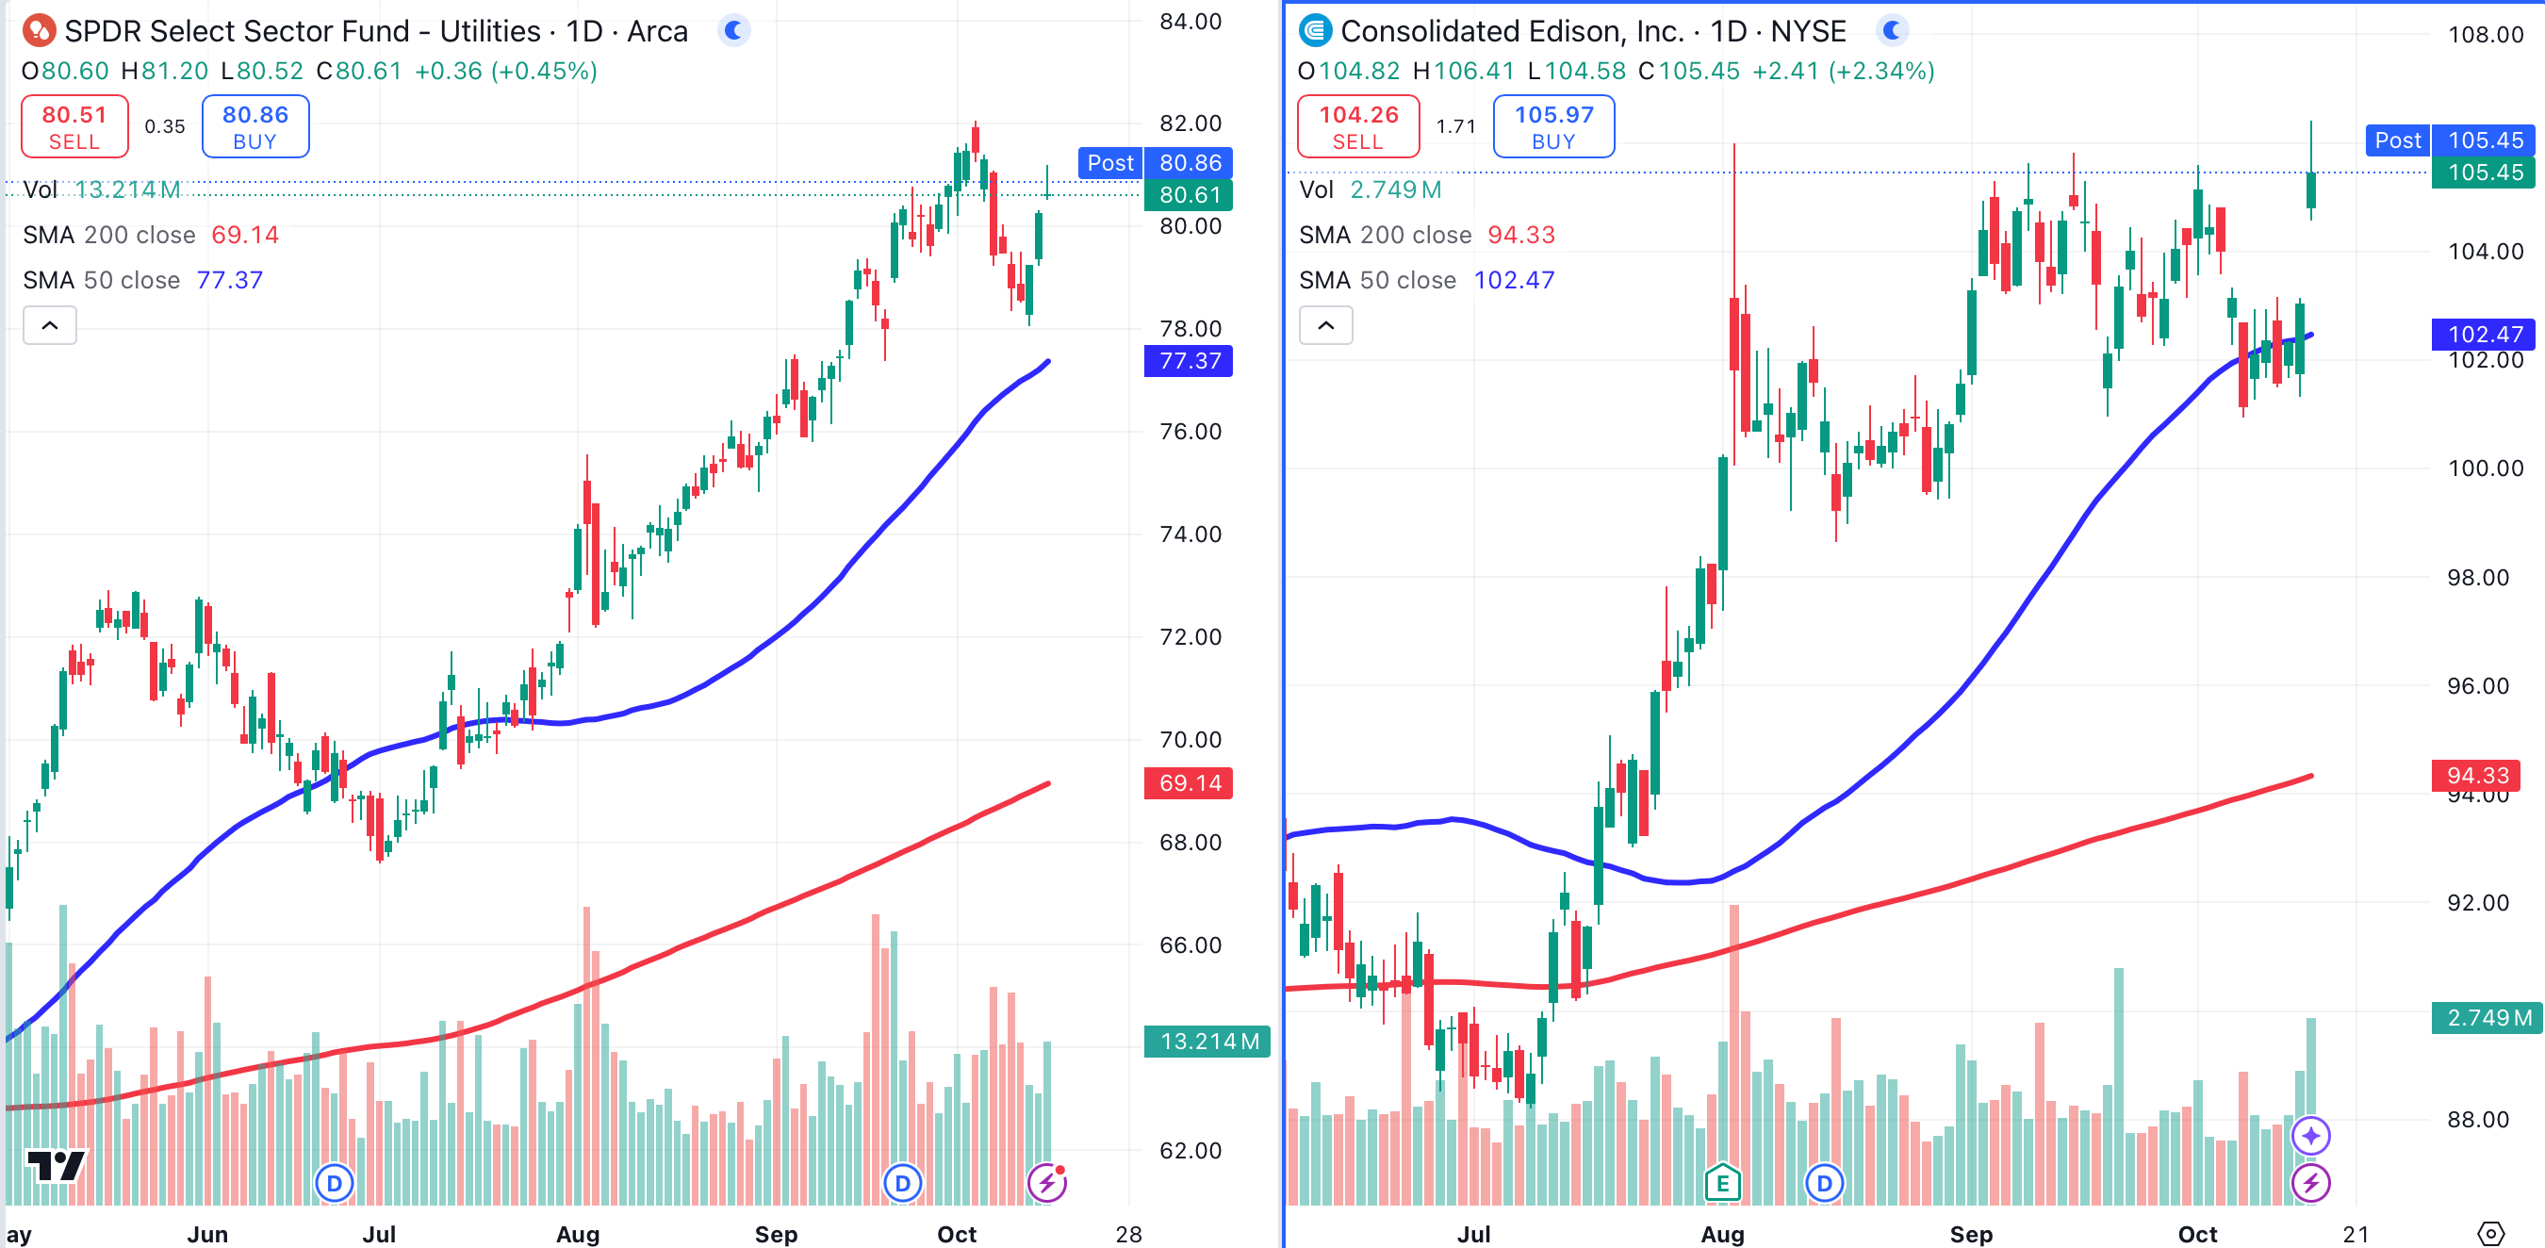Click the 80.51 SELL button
(x=74, y=126)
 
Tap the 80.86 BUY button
(x=254, y=126)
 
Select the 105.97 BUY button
(x=1553, y=126)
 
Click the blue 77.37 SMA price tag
(x=1189, y=361)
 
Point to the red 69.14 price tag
(x=1189, y=783)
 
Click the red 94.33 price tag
(x=2477, y=776)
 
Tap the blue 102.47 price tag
(x=2485, y=334)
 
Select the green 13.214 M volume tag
(x=1207, y=1042)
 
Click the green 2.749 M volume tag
(x=2485, y=1018)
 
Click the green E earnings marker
(x=1722, y=1182)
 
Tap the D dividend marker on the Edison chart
(x=1824, y=1183)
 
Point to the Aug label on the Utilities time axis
(x=578, y=1234)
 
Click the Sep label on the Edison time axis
(x=1970, y=1234)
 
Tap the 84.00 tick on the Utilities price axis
(x=1190, y=22)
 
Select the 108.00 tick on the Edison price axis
(x=2485, y=35)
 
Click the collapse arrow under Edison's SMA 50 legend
(x=1326, y=325)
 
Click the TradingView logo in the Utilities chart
(x=56, y=1166)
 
